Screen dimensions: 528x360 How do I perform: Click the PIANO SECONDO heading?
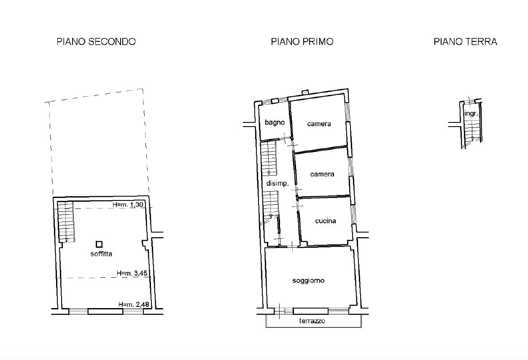(96, 42)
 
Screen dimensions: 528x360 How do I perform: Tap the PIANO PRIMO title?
(302, 42)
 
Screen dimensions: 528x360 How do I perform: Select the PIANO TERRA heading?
(465, 42)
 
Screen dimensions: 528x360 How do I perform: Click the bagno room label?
(275, 122)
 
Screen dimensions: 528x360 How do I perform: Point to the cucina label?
(326, 221)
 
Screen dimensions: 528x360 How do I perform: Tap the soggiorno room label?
(308, 281)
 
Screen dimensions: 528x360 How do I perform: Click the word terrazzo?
(312, 321)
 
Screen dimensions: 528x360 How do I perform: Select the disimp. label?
(277, 183)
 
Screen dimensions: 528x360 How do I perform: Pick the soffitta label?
(101, 254)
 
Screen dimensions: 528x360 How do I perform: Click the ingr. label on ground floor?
(471, 114)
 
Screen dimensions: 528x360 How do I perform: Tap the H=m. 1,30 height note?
(128, 205)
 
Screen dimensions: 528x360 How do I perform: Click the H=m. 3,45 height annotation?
(132, 273)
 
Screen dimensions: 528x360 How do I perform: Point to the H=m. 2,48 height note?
(134, 304)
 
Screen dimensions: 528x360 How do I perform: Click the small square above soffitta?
(99, 244)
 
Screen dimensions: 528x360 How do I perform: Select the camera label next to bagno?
(319, 124)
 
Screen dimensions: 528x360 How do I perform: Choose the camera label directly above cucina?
(322, 174)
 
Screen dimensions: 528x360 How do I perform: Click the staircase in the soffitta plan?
(66, 222)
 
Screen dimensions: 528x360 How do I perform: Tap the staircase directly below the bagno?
(269, 158)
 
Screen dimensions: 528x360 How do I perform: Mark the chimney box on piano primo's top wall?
(305, 92)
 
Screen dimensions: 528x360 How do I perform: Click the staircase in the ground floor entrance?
(472, 131)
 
